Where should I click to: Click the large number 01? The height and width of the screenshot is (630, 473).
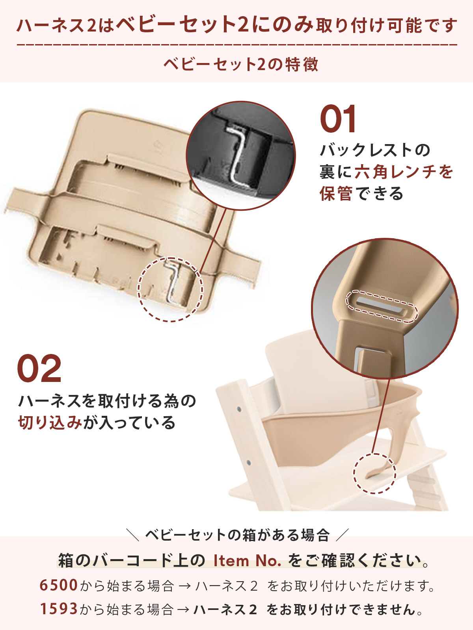(338, 119)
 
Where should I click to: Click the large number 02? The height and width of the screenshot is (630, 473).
(39, 369)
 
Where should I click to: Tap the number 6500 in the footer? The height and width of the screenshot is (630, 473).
(58, 585)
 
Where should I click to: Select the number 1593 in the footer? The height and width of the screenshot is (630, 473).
(58, 609)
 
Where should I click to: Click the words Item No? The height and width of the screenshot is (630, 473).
(247, 560)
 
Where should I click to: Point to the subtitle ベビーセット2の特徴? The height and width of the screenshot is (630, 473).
(240, 64)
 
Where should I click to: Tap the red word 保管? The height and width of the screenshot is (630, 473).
(336, 194)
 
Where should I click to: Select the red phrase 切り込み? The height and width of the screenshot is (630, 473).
(50, 422)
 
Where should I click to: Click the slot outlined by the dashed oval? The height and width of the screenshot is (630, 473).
(381, 306)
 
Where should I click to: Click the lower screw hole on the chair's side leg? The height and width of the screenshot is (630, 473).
(248, 462)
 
